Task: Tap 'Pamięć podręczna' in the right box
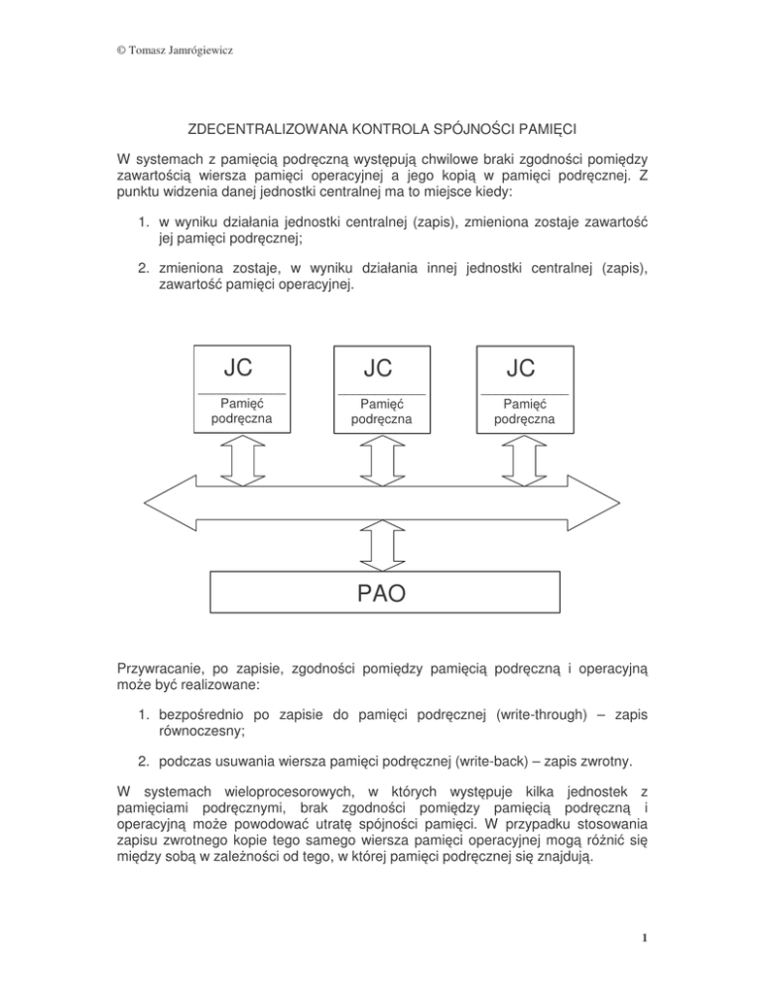click(524, 411)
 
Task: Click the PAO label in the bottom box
click(381, 594)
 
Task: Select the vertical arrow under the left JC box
click(239, 458)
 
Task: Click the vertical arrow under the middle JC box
click(381, 458)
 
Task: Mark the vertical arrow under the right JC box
click(523, 458)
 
